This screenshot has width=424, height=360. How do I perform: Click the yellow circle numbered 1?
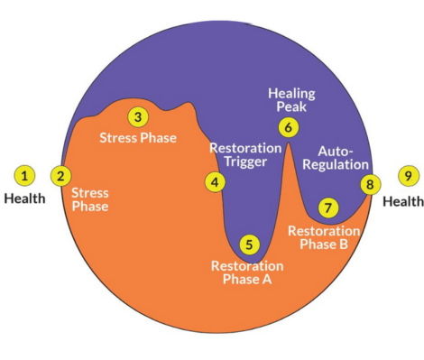25,175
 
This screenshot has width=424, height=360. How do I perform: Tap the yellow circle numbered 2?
60,175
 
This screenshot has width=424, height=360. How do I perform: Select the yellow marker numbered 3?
137,117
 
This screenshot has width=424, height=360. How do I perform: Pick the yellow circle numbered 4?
215,181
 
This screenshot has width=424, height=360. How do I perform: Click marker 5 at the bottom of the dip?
248,244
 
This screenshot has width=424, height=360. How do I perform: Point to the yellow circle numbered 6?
288,127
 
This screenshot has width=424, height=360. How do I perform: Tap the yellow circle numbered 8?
369,184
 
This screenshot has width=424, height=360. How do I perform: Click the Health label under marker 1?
25,198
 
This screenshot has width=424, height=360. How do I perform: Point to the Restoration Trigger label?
239,155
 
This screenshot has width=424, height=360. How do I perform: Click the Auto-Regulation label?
344,157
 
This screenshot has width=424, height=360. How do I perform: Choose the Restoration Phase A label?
246,272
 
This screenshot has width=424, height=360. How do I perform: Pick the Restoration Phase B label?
323,238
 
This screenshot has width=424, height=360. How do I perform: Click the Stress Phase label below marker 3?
137,138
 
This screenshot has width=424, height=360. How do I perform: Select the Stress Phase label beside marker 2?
88,199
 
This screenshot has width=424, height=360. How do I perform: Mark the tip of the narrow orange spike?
288,143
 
